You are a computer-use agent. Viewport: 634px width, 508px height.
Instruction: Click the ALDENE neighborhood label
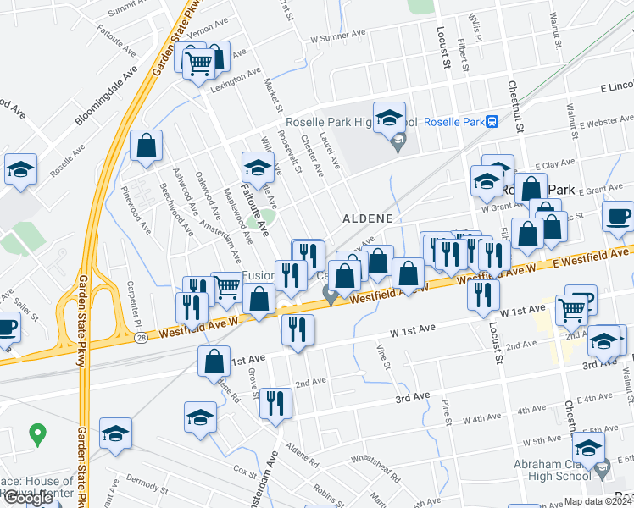point(368,218)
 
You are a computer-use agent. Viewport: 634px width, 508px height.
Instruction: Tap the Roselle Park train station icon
point(492,121)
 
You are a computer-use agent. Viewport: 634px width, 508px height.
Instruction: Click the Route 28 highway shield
point(139,339)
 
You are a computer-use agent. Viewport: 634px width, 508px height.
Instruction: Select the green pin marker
point(36,435)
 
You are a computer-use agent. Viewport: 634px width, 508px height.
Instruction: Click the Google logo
point(27,498)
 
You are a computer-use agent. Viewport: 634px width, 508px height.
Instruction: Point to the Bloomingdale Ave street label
point(106,95)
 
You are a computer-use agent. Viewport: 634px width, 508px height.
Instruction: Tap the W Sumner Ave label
point(337,36)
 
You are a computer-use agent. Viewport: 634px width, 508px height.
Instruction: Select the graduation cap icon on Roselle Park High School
point(389,117)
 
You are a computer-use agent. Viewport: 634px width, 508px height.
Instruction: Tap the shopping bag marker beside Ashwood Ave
point(147,145)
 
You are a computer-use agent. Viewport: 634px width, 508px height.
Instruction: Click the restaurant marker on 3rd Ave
point(275,403)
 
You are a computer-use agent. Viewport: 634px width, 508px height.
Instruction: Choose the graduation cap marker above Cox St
point(200,417)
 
